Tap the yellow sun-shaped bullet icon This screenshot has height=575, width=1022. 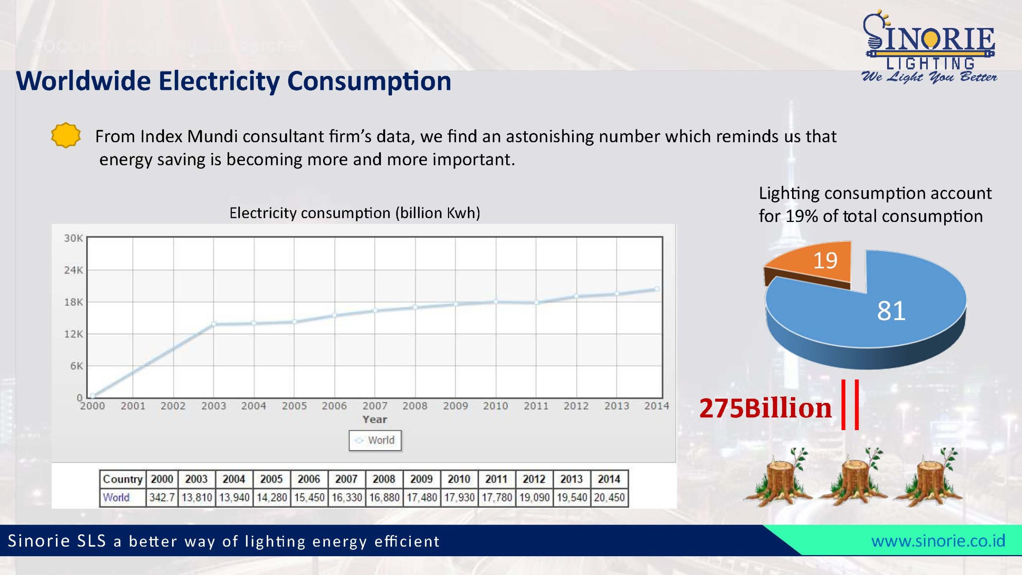[66, 135]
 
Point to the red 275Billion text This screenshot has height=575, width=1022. [765, 408]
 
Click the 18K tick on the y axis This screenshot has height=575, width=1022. [73, 302]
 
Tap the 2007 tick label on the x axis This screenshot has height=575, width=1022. [374, 406]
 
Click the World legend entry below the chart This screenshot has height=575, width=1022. [375, 440]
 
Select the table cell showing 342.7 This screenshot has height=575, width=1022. [162, 498]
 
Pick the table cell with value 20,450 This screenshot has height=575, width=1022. [609, 498]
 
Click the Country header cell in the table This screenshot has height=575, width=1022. [122, 479]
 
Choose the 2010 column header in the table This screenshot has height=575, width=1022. [459, 479]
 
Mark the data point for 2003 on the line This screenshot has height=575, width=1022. [214, 324]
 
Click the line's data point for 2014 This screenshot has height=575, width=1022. [657, 289]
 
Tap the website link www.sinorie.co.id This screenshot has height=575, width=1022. [938, 541]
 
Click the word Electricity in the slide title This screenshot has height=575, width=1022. [219, 81]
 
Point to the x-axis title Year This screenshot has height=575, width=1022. [374, 419]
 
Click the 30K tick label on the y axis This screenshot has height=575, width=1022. [73, 238]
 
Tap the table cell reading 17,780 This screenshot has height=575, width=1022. [497, 498]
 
